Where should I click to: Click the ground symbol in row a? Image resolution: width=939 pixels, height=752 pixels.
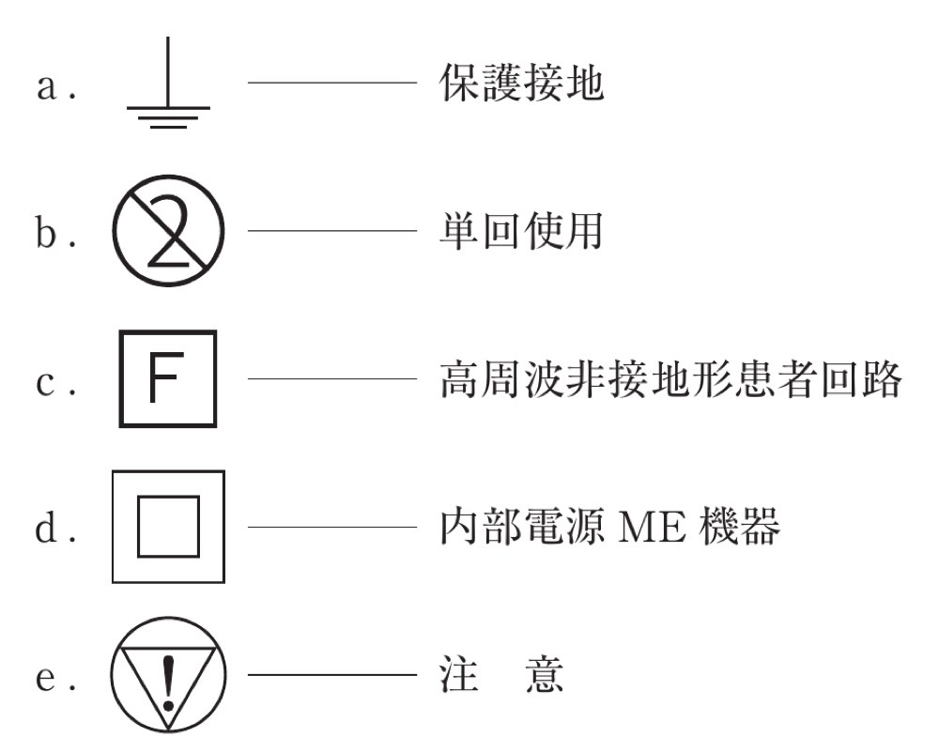[x=168, y=108]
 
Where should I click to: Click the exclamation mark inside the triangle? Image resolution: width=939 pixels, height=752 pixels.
[x=168, y=683]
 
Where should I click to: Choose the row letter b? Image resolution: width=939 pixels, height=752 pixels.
[x=47, y=231]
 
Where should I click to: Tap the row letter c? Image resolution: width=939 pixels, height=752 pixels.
[x=46, y=383]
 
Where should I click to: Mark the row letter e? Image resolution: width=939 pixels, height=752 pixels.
[x=47, y=679]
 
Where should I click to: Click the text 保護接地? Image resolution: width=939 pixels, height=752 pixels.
[x=521, y=83]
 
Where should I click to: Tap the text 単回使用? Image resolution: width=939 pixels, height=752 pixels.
[x=521, y=231]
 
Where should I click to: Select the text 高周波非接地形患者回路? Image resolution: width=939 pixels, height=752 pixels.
[x=670, y=378]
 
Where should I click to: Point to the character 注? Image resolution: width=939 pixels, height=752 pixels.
[x=459, y=675]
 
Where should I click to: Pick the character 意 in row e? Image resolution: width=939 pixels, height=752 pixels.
[x=545, y=675]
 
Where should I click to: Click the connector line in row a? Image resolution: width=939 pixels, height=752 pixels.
[x=332, y=83]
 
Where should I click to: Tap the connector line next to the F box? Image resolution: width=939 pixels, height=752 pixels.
[x=332, y=378]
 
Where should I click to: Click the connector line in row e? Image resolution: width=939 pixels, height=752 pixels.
[x=332, y=675]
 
